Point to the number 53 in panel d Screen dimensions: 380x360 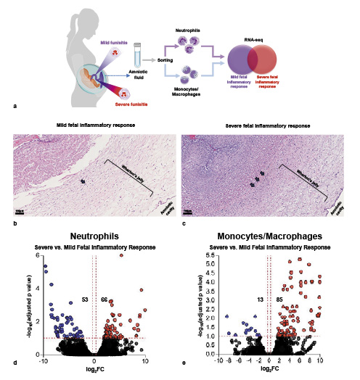coord(84,299)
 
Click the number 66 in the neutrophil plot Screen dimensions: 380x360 coord(104,299)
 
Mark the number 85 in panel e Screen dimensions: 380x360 coord(279,299)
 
